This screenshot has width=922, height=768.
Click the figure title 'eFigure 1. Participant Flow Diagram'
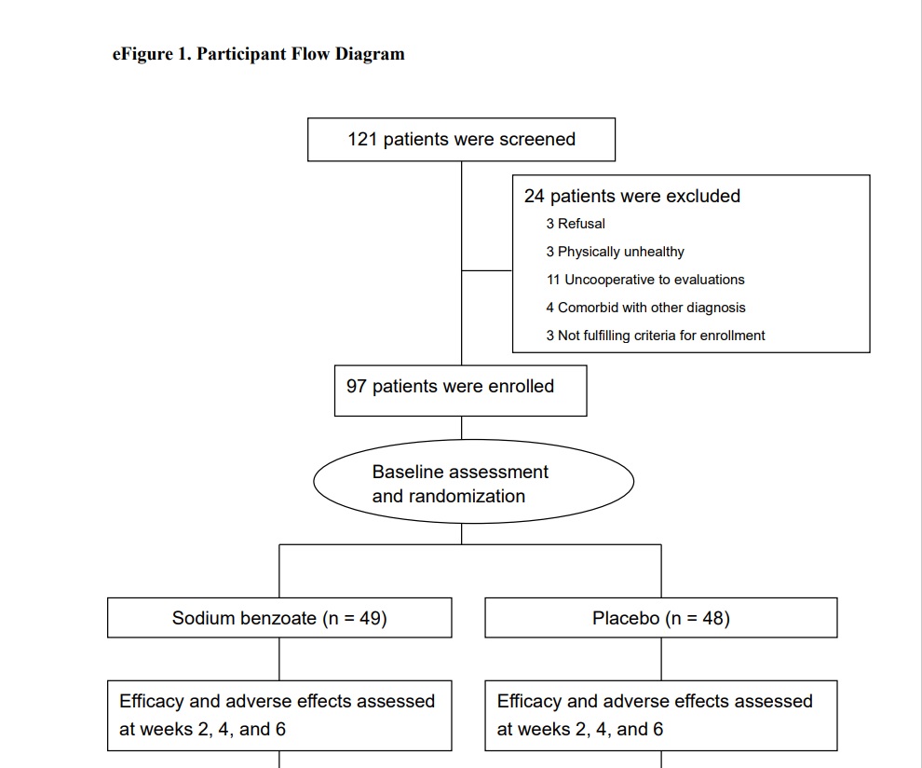(258, 53)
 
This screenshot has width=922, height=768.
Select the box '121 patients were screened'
(461, 140)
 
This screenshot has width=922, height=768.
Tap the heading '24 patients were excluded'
(632, 197)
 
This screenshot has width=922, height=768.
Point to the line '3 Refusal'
(576, 224)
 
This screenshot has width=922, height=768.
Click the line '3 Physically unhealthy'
(615, 252)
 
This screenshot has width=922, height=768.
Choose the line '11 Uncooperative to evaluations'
(645, 280)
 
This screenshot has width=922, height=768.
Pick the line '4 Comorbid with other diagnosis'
(645, 308)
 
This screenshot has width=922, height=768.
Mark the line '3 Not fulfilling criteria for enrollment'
(656, 336)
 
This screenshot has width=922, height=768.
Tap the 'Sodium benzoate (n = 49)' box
(279, 618)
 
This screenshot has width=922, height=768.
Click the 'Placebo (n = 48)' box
(661, 618)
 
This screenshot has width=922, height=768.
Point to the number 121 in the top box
(362, 140)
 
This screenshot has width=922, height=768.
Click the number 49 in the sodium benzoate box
(369, 618)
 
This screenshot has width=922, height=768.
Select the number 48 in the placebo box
(712, 618)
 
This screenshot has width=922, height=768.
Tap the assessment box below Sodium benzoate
(279, 715)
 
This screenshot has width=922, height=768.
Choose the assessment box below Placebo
(661, 715)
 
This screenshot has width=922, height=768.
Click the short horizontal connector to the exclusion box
(487, 270)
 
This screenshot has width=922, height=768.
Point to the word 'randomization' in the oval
(449, 497)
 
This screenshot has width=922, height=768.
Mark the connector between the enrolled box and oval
(462, 428)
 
